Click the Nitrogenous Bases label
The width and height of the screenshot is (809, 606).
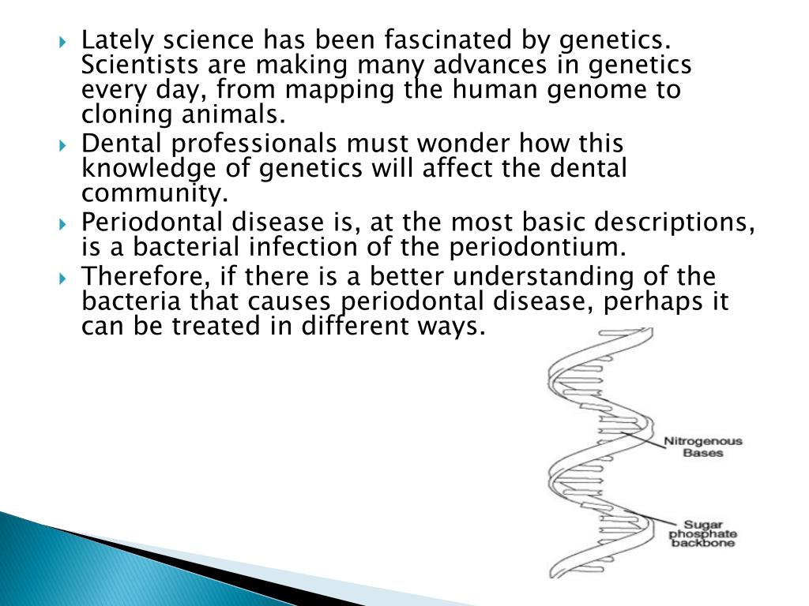pyautogui.click(x=702, y=447)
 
